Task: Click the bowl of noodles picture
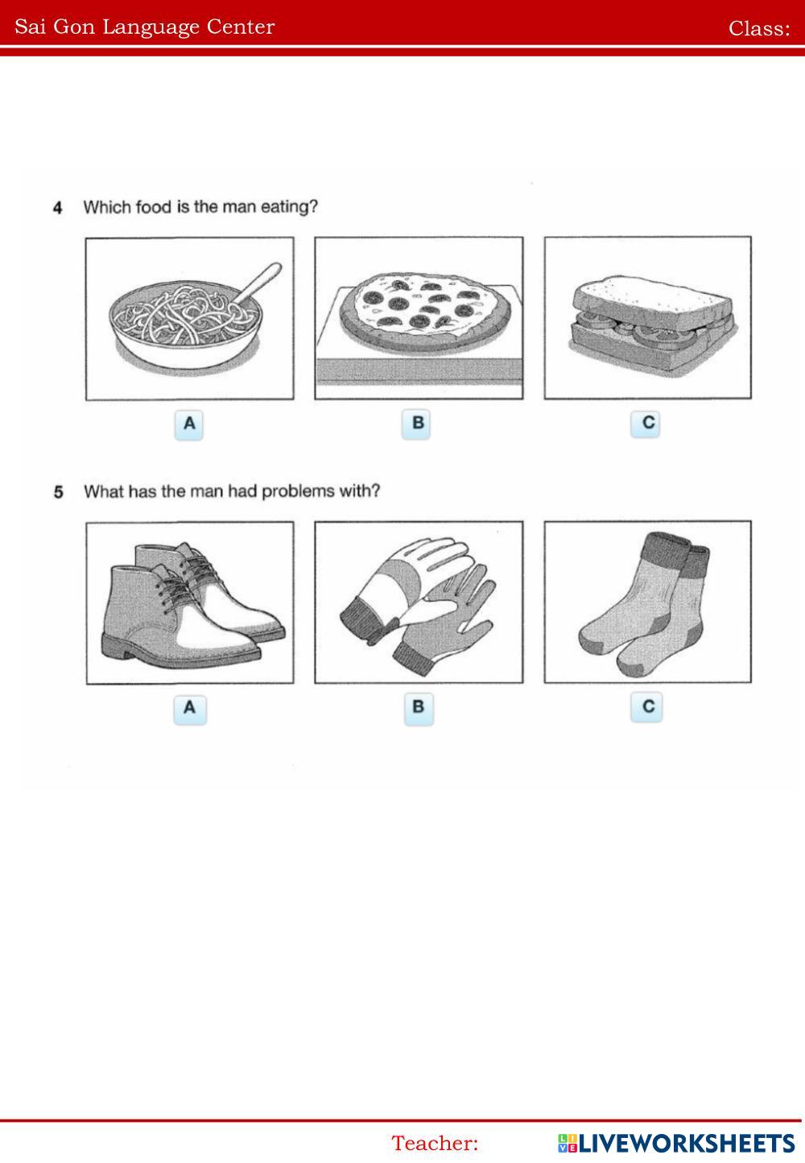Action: (189, 318)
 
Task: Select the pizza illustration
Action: (419, 318)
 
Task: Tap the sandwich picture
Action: (648, 318)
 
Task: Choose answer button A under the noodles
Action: (189, 424)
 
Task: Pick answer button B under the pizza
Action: (416, 424)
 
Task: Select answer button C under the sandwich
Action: (645, 423)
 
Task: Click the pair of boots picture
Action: (190, 602)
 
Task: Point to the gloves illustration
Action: (419, 602)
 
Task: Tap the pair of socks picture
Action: (648, 602)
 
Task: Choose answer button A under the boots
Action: (190, 709)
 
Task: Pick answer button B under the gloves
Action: (419, 708)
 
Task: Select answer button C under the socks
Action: (646, 707)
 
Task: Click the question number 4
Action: (58, 208)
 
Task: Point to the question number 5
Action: (58, 491)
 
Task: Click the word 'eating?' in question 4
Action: (289, 207)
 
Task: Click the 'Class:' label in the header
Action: (759, 28)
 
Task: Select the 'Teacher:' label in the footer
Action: (435, 1144)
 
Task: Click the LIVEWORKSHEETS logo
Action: (676, 1143)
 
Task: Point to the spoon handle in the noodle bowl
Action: (258, 283)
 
